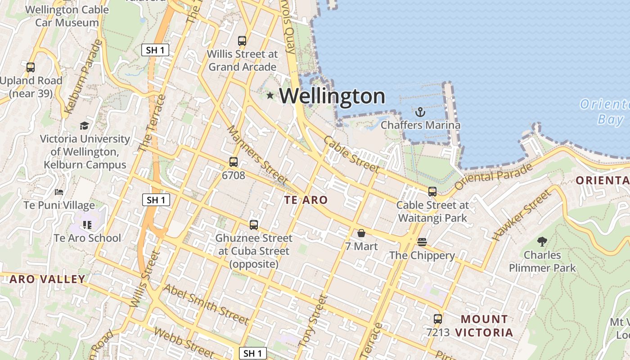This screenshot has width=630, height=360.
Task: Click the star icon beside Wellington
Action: [x=270, y=95]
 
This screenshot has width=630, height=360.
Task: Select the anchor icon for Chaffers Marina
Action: [x=420, y=112]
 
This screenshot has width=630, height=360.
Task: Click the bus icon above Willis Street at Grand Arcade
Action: [x=242, y=41]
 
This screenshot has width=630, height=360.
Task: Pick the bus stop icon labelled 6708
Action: [x=233, y=162]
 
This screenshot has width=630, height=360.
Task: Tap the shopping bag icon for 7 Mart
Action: [x=361, y=233]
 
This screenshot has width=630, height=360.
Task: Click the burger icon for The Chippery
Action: [x=422, y=242]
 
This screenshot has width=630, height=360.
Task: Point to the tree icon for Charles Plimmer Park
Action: [x=542, y=242]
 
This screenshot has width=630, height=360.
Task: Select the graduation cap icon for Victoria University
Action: [x=84, y=126]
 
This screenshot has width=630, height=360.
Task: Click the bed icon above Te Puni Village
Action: [x=59, y=192]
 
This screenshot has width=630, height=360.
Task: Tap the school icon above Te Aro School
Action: [x=87, y=225]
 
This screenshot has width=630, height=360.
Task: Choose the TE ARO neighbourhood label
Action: [x=306, y=200]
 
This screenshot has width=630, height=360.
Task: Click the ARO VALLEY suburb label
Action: [x=47, y=279]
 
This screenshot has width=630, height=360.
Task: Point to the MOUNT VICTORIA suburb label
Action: [x=484, y=326]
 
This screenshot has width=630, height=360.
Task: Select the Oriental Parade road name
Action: [x=494, y=176]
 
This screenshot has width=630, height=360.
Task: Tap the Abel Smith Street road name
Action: [x=206, y=304]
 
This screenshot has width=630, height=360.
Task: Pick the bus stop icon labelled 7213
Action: [x=437, y=319]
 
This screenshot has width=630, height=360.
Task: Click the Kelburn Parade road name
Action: [x=84, y=77]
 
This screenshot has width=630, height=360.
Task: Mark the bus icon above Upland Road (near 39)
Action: [x=31, y=67]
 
